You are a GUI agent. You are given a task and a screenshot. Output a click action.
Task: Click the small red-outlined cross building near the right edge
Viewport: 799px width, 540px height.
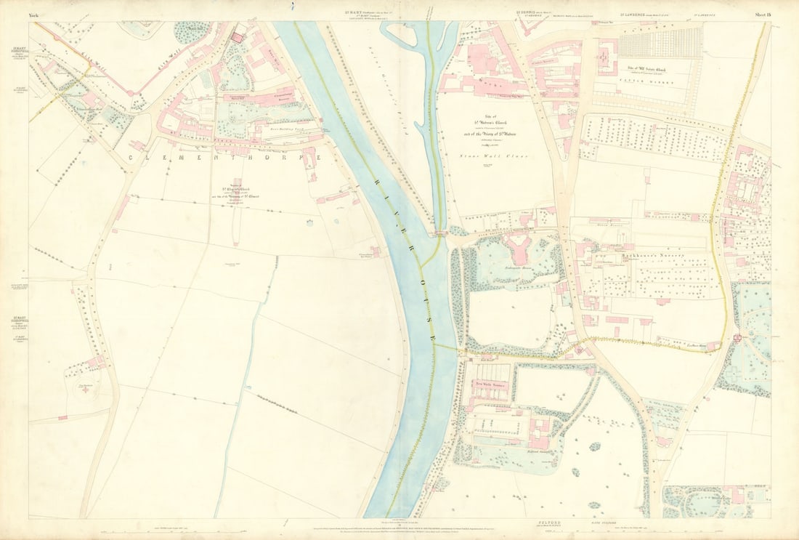coord(737,337)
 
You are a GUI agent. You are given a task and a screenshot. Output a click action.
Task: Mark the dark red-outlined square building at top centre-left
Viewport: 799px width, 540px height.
coord(238,37)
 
